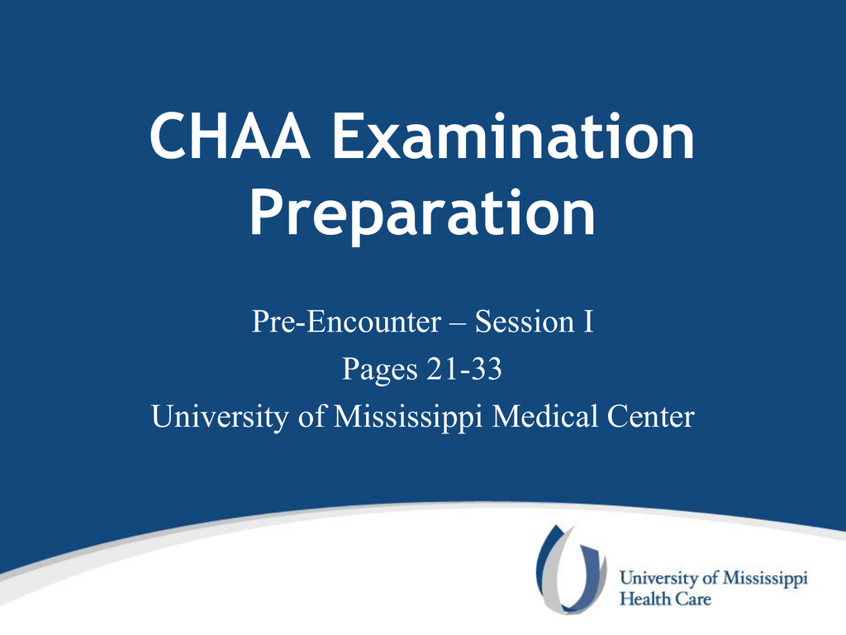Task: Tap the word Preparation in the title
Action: (x=422, y=214)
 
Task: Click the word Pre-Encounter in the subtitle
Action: (x=346, y=322)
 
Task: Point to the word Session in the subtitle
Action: (x=525, y=322)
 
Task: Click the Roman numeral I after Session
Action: (x=587, y=322)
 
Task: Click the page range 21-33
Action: (x=464, y=369)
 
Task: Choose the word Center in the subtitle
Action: (x=650, y=417)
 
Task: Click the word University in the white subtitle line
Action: (x=220, y=418)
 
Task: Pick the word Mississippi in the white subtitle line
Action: (x=408, y=418)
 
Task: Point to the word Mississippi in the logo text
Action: (x=765, y=578)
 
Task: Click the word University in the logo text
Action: (x=658, y=578)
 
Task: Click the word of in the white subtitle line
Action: (x=311, y=417)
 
